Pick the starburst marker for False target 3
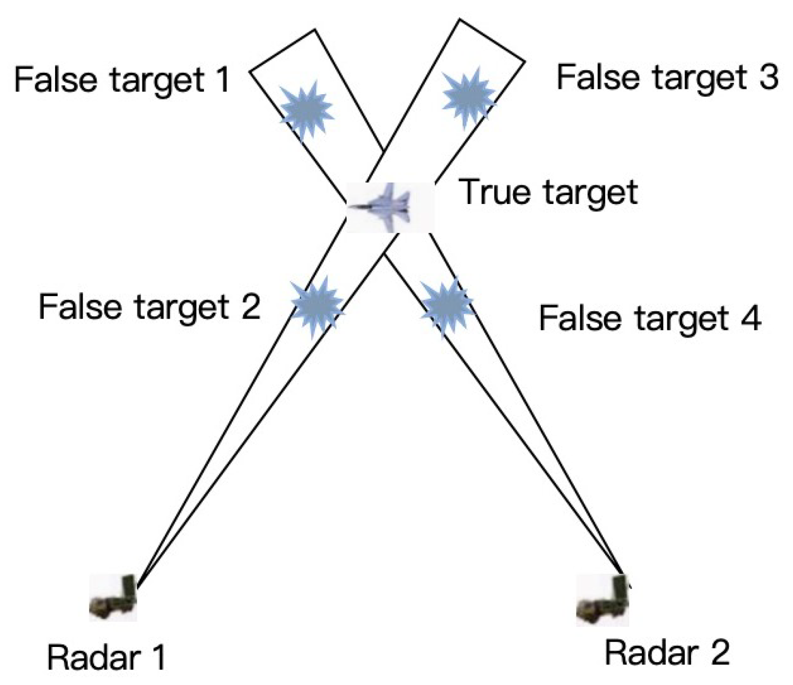coord(468,98)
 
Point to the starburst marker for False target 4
coord(446,307)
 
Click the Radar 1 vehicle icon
coord(114,597)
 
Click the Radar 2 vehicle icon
coord(603,600)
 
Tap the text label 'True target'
coord(548,192)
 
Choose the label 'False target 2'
coord(149,307)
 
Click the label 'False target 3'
coord(667,77)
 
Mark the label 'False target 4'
coord(650,318)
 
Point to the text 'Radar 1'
coord(106,657)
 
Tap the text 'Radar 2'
coord(667,652)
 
